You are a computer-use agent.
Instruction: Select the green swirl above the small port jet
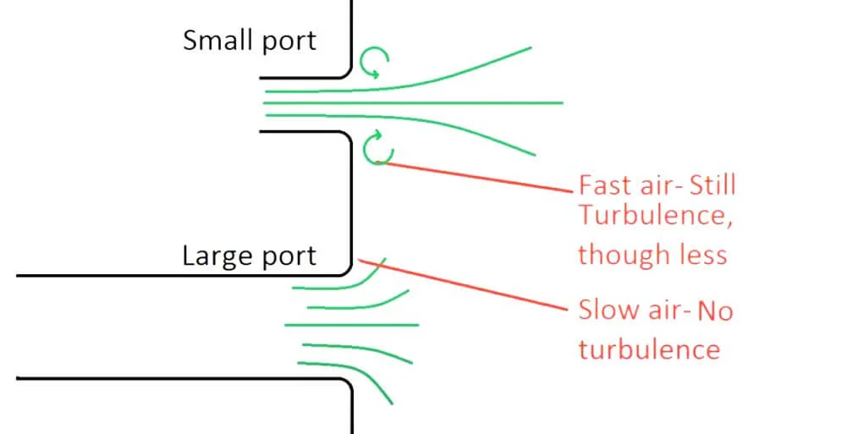(374, 61)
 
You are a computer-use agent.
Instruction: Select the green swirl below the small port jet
(377, 150)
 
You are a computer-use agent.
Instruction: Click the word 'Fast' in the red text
(604, 184)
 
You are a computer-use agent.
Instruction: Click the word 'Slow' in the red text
(608, 310)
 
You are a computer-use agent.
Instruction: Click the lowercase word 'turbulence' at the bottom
(649, 348)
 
